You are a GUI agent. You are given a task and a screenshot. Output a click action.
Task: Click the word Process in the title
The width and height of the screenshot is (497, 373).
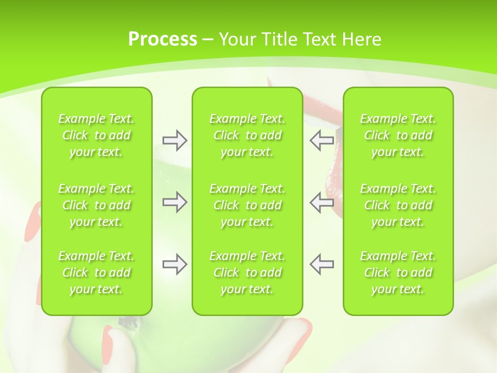(163, 39)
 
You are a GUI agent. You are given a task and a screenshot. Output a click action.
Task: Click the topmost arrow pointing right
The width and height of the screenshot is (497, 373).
(174, 140)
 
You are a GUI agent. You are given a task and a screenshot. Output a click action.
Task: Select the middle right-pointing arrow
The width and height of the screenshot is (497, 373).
(174, 202)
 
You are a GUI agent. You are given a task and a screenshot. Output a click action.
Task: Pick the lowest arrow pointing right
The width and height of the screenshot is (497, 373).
(174, 264)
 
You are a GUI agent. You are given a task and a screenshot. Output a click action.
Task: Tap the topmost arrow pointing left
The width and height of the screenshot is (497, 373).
(321, 140)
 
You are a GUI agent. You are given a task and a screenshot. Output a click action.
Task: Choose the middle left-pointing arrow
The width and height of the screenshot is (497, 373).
(321, 202)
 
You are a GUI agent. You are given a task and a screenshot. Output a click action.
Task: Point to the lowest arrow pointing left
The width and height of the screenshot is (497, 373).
(321, 264)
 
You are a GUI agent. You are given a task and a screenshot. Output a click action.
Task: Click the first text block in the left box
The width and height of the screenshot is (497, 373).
(96, 135)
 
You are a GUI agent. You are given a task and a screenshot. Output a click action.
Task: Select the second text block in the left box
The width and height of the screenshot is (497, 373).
(96, 205)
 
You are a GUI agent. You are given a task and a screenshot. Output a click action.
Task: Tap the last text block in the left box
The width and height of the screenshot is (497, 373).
(96, 272)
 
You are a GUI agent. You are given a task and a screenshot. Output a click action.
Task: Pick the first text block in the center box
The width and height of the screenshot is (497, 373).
(247, 135)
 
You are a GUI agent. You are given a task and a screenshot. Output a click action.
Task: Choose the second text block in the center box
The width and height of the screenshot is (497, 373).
(247, 205)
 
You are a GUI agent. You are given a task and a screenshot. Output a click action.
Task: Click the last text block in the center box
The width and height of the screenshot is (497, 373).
(247, 272)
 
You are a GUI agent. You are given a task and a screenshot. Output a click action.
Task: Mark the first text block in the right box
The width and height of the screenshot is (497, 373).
(398, 135)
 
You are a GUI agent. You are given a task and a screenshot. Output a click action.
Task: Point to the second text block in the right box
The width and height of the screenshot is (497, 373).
(398, 205)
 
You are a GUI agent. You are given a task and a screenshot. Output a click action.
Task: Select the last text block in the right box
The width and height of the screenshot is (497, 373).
(398, 272)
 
